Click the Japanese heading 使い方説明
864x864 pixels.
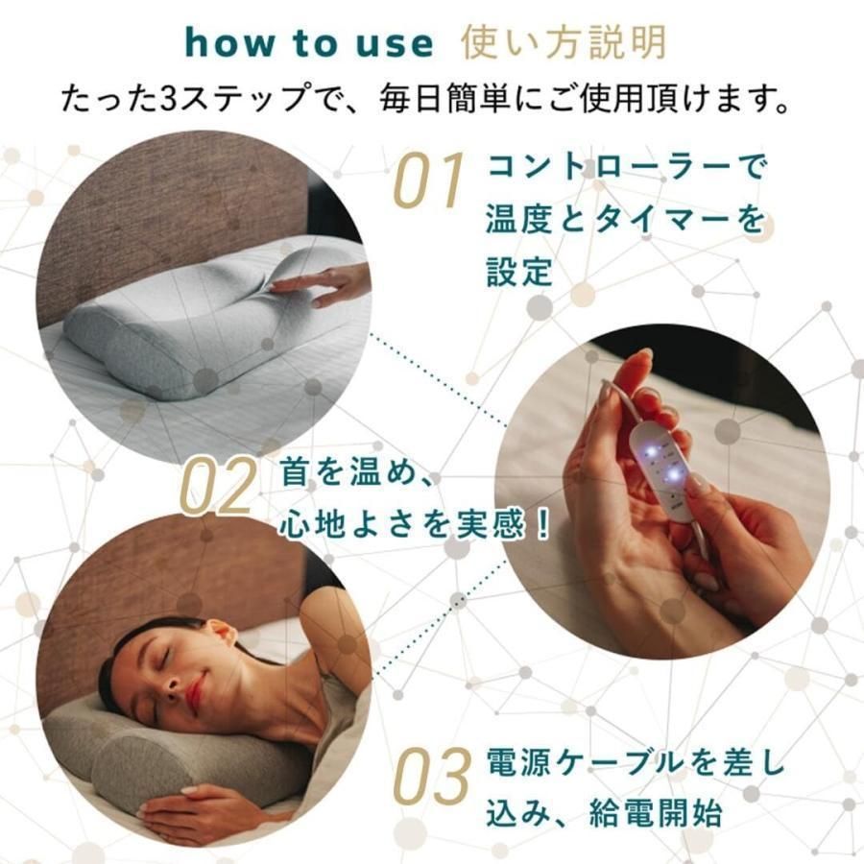(x=563, y=43)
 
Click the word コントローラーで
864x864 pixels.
(x=627, y=170)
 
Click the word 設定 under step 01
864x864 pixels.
(x=520, y=272)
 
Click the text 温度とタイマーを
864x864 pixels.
(x=627, y=221)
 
